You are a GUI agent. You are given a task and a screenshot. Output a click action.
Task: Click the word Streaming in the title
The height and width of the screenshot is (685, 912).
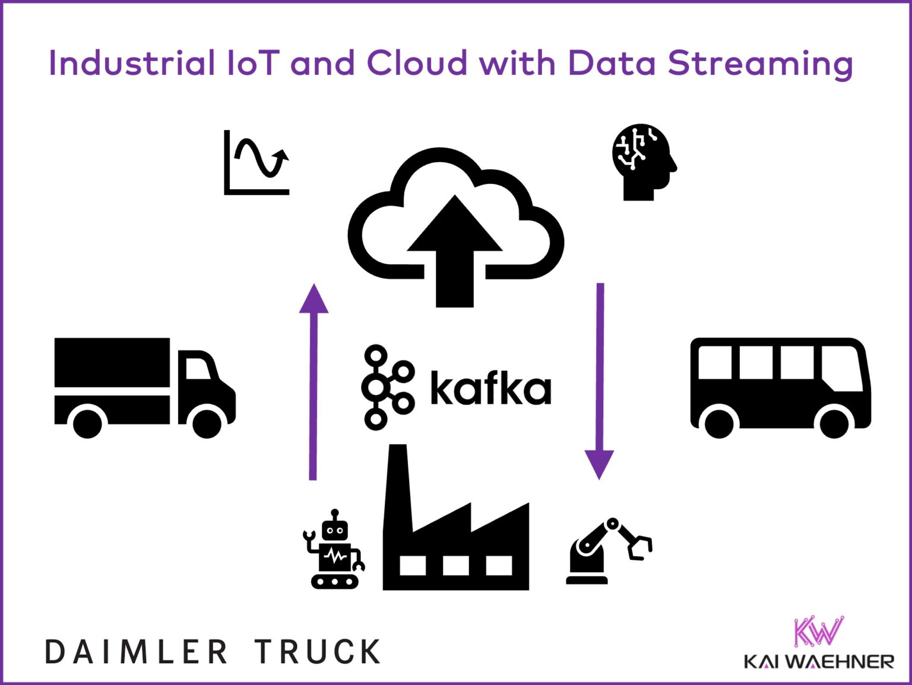[x=760, y=64]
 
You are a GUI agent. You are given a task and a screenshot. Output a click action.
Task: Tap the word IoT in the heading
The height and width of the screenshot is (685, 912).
[x=252, y=63]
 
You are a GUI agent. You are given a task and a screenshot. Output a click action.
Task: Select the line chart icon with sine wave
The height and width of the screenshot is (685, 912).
[x=256, y=162]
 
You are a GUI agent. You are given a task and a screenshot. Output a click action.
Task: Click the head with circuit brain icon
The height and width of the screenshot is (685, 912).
[x=643, y=161]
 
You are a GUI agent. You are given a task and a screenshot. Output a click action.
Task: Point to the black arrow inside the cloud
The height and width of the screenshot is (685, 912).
[x=455, y=249]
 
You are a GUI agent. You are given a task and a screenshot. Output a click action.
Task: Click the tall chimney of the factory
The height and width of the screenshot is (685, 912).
[x=397, y=487]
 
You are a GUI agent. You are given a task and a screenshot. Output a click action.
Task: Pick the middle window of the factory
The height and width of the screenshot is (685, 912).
[x=455, y=565]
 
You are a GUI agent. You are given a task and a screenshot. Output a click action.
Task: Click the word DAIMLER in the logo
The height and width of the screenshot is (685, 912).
[x=137, y=652]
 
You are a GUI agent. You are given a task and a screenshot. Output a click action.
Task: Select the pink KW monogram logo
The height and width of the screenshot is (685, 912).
[x=818, y=632]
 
